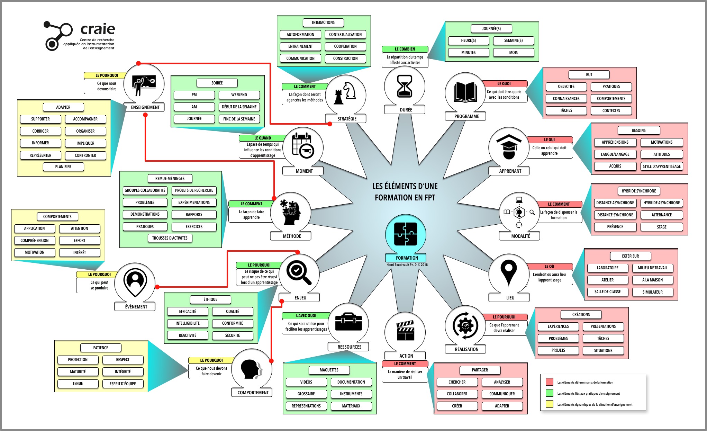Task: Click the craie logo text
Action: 98,29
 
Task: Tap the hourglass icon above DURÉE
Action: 405,86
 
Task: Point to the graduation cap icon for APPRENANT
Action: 509,147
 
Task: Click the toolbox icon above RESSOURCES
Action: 348,322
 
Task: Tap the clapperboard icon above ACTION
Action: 405,331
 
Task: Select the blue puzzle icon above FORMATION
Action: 405,234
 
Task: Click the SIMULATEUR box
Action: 652,292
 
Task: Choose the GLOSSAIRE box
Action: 306,394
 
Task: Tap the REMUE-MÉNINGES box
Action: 170,179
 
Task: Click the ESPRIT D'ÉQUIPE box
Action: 123,384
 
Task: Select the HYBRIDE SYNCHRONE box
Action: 638,191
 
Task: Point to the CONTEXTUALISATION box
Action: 345,35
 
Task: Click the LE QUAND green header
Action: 262,138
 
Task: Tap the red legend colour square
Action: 549,382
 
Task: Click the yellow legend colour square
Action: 549,404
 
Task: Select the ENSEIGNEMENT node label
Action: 145,107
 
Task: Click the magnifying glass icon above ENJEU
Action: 299,273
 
